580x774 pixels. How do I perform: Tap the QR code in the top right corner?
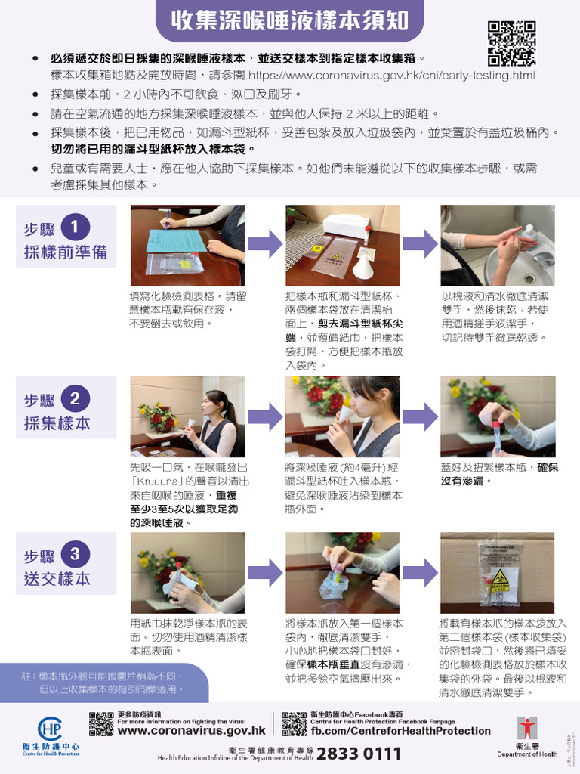pyautogui.click(x=511, y=44)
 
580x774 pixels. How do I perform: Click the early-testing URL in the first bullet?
pyautogui.click(x=391, y=76)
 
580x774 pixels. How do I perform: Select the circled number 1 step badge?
pyautogui.click(x=76, y=227)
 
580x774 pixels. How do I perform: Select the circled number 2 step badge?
pyautogui.click(x=76, y=398)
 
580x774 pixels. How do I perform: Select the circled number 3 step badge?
pyautogui.click(x=76, y=554)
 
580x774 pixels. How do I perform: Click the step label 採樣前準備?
pyautogui.click(x=65, y=252)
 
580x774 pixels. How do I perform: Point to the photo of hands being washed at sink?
pyautogui.click(x=498, y=246)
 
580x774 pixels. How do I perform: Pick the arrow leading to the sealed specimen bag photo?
pyautogui.click(x=420, y=572)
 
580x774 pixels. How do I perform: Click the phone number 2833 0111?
pyautogui.click(x=359, y=754)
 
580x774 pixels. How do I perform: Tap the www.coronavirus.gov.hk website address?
pyautogui.click(x=192, y=731)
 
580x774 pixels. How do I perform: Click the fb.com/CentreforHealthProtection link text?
pyautogui.click(x=400, y=731)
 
